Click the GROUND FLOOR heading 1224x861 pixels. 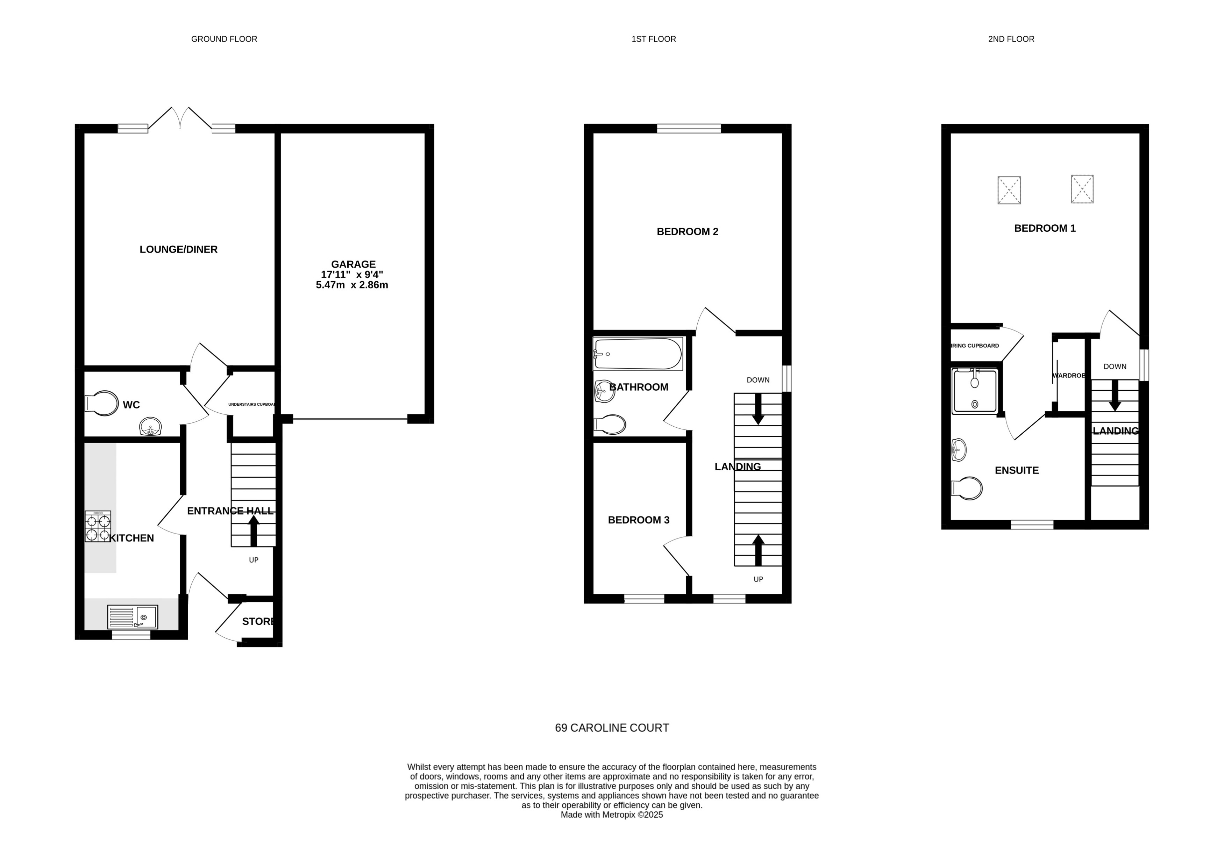pos(224,39)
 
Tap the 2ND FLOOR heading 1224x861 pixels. pos(1011,39)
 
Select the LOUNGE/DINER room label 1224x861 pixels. pos(179,249)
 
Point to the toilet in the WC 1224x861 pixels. pos(102,404)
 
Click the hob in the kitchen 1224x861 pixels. pos(98,526)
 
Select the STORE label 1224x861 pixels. pos(258,621)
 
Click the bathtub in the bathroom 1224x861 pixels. pos(637,354)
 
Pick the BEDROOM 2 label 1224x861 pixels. pos(687,232)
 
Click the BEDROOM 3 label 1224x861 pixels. pos(638,520)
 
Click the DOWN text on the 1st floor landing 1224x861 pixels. pos(757,380)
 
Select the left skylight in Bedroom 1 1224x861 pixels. pos(1009,190)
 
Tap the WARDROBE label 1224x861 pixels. pos(1068,376)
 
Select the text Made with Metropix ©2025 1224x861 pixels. pos(611,815)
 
